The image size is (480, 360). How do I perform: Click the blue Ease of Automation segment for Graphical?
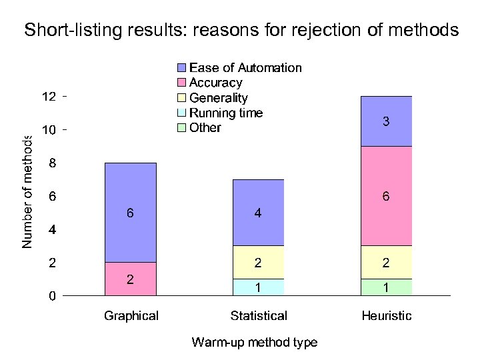(131, 213)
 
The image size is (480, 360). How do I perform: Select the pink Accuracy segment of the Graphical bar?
(131, 279)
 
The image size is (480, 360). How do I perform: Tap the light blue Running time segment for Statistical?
(258, 287)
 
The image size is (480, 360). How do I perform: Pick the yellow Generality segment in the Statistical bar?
(258, 263)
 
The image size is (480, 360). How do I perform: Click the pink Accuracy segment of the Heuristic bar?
(386, 196)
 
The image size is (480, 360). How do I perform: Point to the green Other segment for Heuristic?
(386, 287)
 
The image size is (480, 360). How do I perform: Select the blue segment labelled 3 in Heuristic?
(386, 121)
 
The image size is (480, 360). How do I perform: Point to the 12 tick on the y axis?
(49, 97)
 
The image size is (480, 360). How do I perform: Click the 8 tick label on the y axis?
(52, 163)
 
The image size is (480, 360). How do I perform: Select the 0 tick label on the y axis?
(52, 296)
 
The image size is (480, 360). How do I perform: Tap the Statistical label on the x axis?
(258, 316)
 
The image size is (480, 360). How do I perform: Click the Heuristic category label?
(386, 316)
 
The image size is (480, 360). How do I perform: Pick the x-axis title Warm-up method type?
(254, 343)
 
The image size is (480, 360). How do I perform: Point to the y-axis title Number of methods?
(27, 192)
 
